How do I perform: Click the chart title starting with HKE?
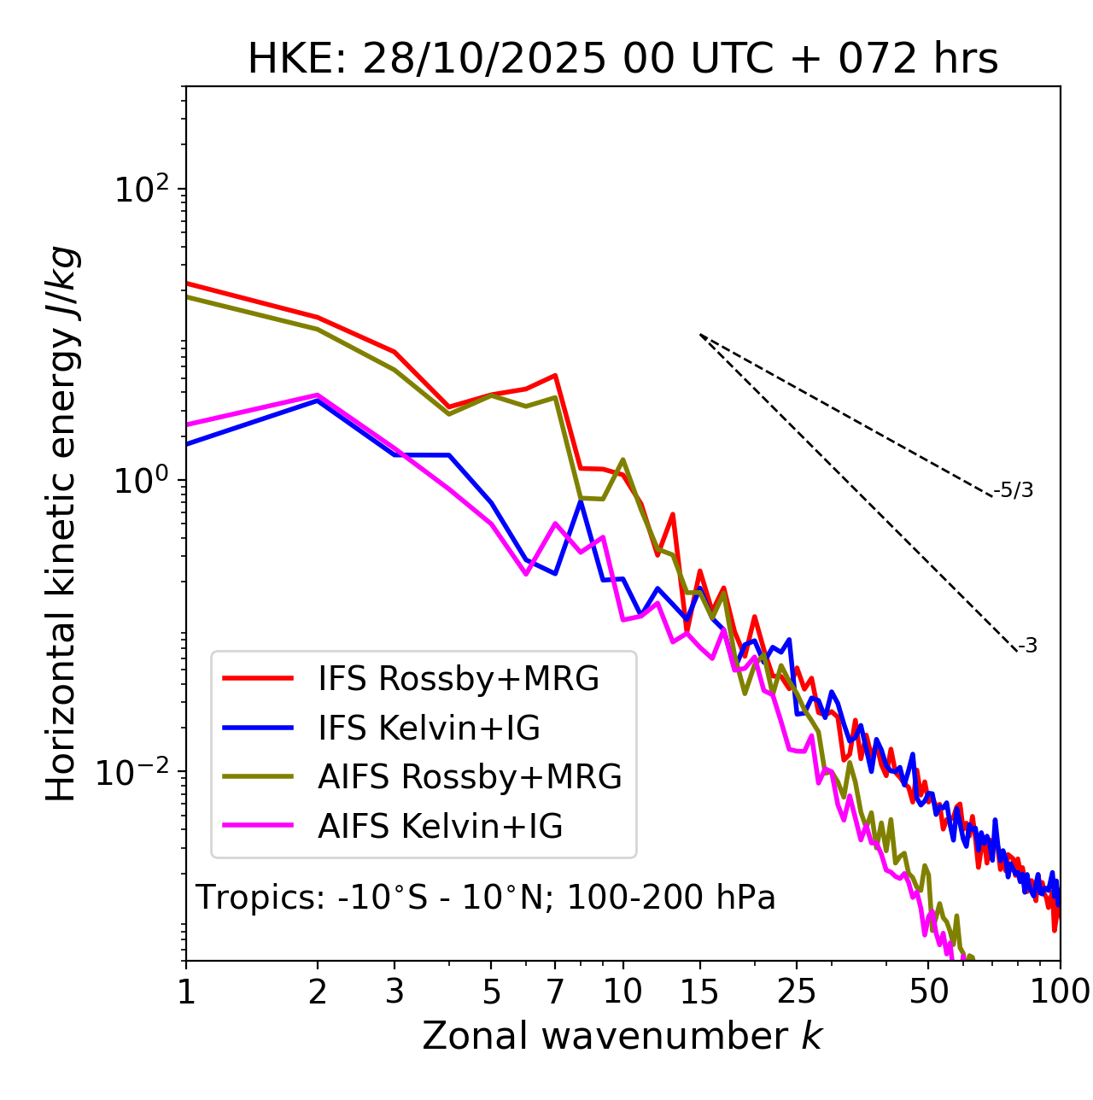pyautogui.click(x=622, y=60)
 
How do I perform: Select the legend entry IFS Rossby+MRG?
pyautogui.click(x=459, y=679)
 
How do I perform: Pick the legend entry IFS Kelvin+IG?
pyautogui.click(x=429, y=728)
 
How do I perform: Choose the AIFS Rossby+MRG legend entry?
pyautogui.click(x=470, y=777)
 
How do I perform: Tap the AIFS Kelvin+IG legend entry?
pyautogui.click(x=440, y=827)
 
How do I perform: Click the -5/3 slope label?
pyautogui.click(x=1014, y=490)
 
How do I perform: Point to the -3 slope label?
pyautogui.click(x=1027, y=647)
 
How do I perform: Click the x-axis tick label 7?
pyautogui.click(x=555, y=992)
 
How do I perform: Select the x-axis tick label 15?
pyautogui.click(x=699, y=992)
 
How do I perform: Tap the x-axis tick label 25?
pyautogui.click(x=797, y=992)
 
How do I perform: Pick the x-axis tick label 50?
pyautogui.click(x=928, y=992)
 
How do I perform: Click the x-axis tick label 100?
pyautogui.click(x=1060, y=992)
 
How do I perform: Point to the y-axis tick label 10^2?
pyautogui.click(x=139, y=189)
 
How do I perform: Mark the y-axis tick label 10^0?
pyautogui.click(x=139, y=480)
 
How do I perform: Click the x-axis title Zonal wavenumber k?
pyautogui.click(x=622, y=1036)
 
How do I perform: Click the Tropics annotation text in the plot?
pyautogui.click(x=486, y=898)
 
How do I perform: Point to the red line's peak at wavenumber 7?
pyautogui.click(x=555, y=375)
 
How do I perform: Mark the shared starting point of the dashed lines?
pyautogui.click(x=700, y=335)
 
